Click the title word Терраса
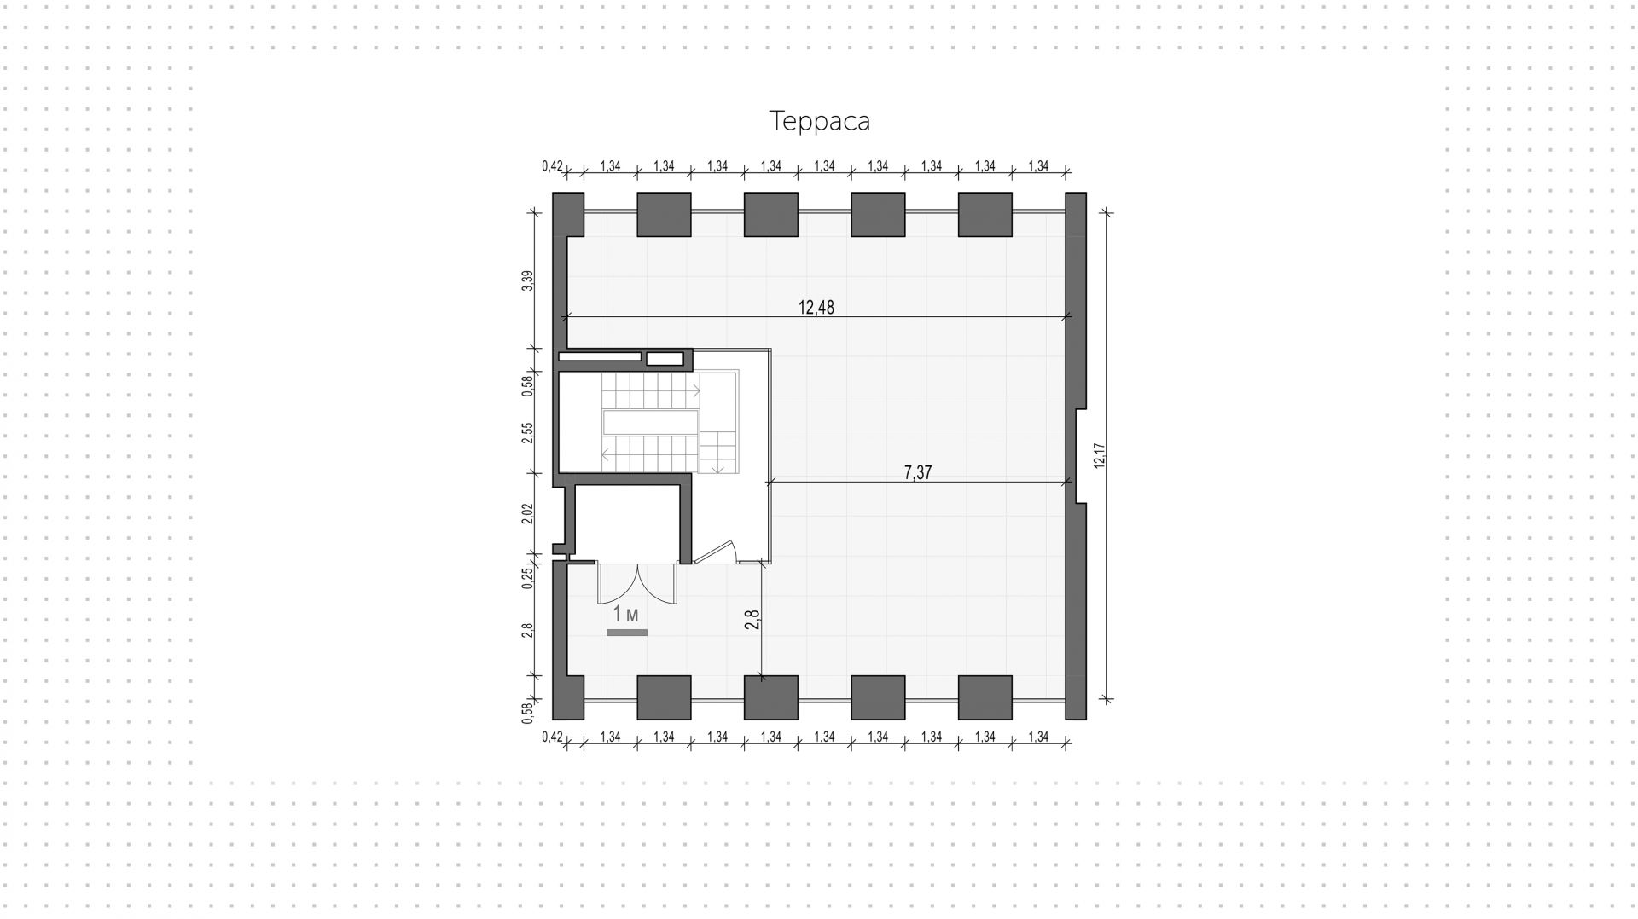[x=819, y=121]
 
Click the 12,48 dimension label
[x=816, y=308]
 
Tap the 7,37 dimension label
[x=917, y=472]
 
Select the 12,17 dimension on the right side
[x=1099, y=455]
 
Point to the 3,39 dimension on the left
[x=528, y=280]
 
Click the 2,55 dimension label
[x=528, y=433]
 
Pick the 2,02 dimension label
[x=528, y=514]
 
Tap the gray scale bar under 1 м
[x=627, y=633]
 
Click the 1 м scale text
[x=625, y=614]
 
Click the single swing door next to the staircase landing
[x=717, y=552]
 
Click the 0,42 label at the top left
[x=552, y=166]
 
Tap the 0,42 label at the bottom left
[x=552, y=737]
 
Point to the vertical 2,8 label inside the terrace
[x=752, y=619]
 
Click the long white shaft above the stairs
[x=599, y=356]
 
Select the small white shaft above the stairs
[x=665, y=359]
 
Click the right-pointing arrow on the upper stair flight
[x=696, y=391]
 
